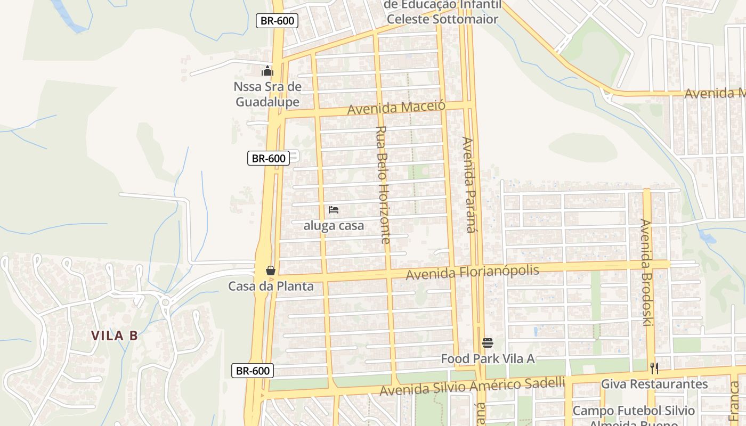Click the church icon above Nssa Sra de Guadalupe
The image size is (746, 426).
[267, 71]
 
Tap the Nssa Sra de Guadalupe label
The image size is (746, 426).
[267, 94]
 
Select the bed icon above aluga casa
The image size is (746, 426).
[334, 210]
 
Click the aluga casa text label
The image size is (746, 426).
[334, 226]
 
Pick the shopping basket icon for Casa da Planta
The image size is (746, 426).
[271, 271]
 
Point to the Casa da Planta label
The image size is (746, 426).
[271, 286]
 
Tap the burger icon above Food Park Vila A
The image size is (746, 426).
[487, 343]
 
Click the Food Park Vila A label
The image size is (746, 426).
[487, 359]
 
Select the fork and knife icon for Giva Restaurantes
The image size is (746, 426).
[654, 368]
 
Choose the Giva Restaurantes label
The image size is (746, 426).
[654, 384]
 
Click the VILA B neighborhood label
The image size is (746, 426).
[114, 335]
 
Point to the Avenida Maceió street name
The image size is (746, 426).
[396, 108]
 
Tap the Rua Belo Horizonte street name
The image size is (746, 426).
[382, 185]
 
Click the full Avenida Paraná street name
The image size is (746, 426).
[468, 185]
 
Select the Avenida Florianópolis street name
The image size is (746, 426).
[472, 272]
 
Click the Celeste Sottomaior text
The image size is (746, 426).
[442, 20]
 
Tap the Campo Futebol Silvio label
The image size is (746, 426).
[634, 411]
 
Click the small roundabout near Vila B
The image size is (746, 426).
[165, 302]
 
